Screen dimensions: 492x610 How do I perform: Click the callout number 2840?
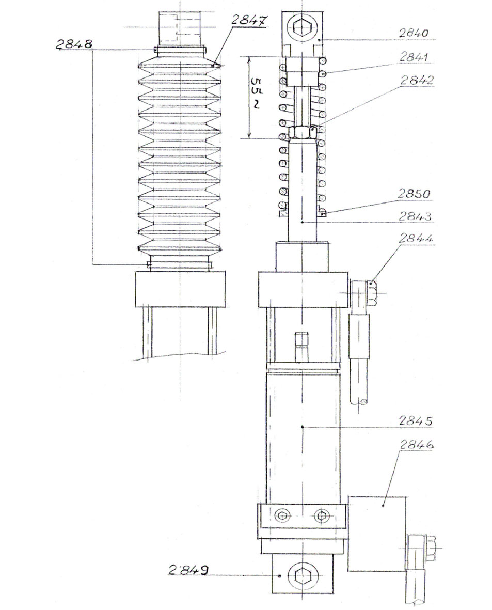click(413, 33)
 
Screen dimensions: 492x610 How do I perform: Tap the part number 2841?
click(414, 57)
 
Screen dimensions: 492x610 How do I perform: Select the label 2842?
click(416, 81)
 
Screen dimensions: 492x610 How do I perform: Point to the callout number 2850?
click(414, 193)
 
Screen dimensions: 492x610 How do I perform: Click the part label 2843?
click(416, 216)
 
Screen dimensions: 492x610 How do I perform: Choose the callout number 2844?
click(416, 238)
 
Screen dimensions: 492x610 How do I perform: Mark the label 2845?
click(416, 421)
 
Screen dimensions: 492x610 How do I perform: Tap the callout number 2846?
click(416, 444)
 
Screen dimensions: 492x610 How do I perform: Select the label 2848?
click(74, 44)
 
